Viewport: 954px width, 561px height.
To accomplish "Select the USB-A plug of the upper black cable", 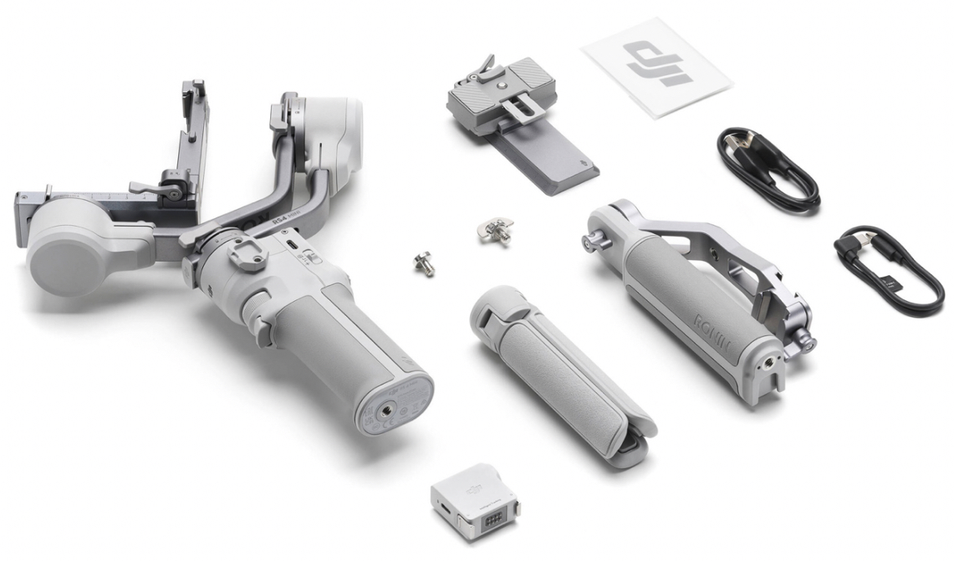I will tap(735, 139).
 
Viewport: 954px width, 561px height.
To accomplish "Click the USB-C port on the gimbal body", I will tap(288, 245).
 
